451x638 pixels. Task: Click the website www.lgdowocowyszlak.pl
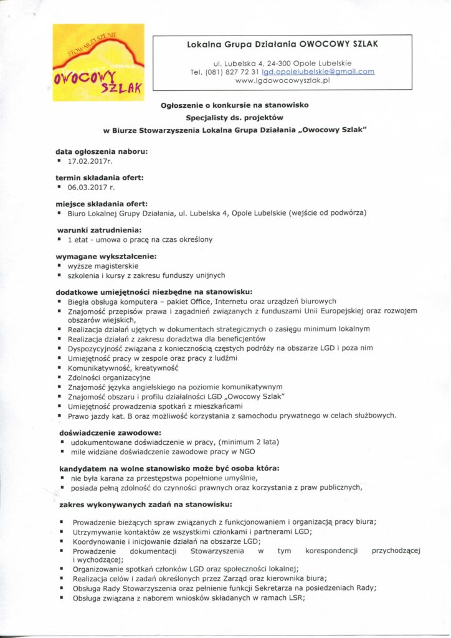[283, 81]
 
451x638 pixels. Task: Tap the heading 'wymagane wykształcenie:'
[105, 256]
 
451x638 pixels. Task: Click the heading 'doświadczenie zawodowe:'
[102, 432]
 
